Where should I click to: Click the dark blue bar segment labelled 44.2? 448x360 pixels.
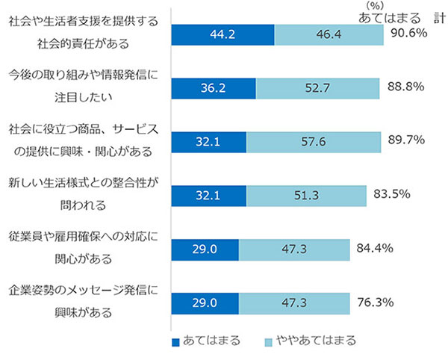[x=223, y=34]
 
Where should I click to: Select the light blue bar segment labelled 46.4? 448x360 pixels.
[x=329, y=34]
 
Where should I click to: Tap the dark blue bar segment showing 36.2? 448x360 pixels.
[x=214, y=88]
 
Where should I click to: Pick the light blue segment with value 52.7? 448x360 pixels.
[x=320, y=88]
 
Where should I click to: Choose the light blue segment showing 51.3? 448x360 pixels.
[x=306, y=196]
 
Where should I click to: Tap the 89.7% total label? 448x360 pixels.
[x=407, y=140]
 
